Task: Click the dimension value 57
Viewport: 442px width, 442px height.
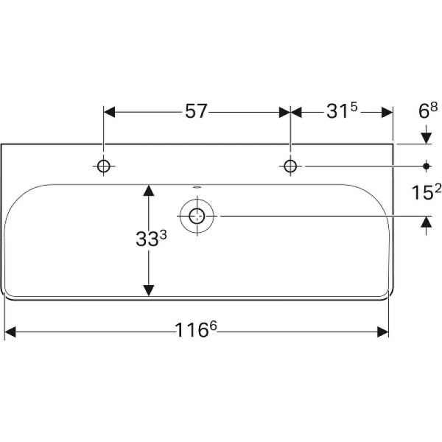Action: [194, 112]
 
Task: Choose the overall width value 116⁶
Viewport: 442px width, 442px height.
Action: [195, 331]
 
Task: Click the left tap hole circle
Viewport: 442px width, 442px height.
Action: [104, 166]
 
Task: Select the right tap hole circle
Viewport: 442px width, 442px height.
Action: [290, 166]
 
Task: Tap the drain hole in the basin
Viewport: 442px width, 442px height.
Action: [197, 216]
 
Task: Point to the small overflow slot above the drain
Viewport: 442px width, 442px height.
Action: [197, 187]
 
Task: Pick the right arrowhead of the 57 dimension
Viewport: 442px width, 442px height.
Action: [284, 112]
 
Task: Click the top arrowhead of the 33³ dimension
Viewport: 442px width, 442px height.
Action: [149, 190]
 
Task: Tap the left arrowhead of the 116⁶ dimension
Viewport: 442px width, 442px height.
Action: [11, 332]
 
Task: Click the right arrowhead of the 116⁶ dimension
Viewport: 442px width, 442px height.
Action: [382, 332]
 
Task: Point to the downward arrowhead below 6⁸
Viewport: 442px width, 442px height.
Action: [426, 137]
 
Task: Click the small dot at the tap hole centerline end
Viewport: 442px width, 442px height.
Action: [426, 166]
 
